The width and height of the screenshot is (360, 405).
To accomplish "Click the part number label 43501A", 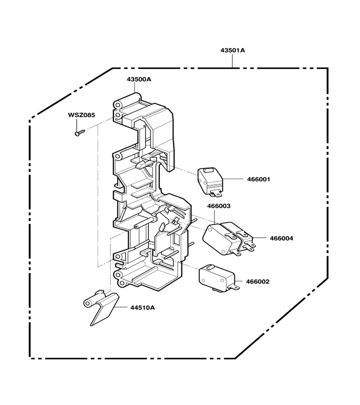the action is [x=232, y=50].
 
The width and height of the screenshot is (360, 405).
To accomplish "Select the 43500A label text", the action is [x=139, y=79].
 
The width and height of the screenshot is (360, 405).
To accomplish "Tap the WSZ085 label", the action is [x=81, y=115].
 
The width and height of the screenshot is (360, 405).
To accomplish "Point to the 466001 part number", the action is [x=258, y=179].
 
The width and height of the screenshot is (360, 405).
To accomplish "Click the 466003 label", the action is [x=219, y=206].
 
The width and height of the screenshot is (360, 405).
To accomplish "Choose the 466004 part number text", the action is [x=282, y=238].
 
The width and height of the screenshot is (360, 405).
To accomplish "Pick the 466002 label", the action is [x=258, y=281].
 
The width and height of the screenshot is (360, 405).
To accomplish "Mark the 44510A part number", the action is [x=143, y=308].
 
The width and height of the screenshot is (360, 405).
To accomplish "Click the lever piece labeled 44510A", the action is [x=101, y=307].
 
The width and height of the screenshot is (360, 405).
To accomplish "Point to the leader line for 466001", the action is [x=232, y=179].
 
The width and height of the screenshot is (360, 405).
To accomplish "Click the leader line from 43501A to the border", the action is [x=232, y=61].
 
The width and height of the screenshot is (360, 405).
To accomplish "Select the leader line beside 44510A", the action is [x=121, y=307].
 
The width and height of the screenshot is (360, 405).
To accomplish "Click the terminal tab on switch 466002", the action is [x=236, y=287].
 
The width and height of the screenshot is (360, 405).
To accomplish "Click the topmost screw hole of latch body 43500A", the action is [x=118, y=105].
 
